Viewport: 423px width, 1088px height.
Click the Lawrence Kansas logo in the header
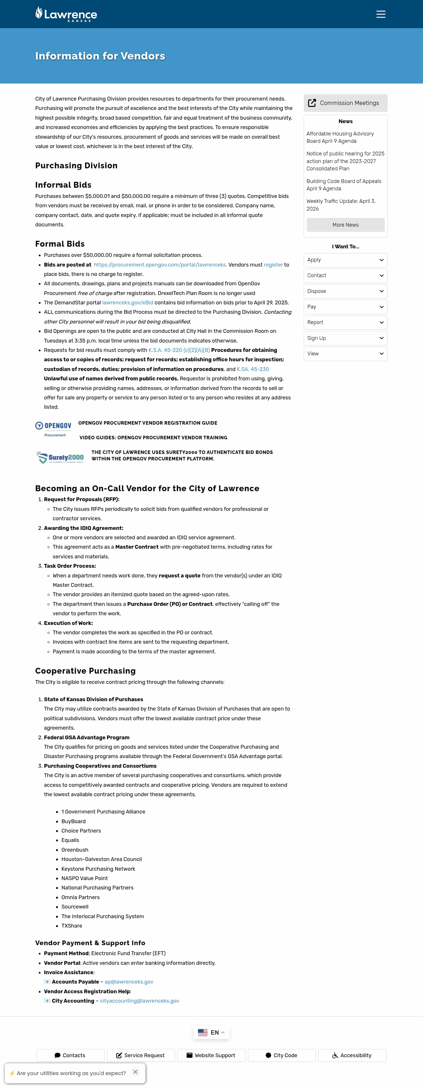[x=66, y=14]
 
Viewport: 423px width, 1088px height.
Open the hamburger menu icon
[x=381, y=14]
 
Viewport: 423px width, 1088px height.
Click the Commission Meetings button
[x=345, y=103]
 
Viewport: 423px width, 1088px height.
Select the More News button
[x=345, y=225]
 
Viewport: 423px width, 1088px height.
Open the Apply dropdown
[x=345, y=260]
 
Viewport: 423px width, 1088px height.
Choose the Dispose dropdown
[x=345, y=291]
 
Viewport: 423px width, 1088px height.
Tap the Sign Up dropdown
[x=345, y=338]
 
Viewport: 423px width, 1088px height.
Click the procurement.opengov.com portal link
[x=160, y=265]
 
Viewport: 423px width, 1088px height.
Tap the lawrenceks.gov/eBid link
[x=127, y=302]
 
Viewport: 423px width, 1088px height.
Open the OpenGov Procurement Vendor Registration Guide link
[x=148, y=423]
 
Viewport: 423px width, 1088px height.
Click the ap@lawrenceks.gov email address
[x=129, y=982]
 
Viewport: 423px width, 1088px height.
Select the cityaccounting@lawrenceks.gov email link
[x=139, y=1001]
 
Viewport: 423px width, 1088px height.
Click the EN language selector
[x=211, y=1032]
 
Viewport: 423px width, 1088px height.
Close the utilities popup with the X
[x=135, y=1072]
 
